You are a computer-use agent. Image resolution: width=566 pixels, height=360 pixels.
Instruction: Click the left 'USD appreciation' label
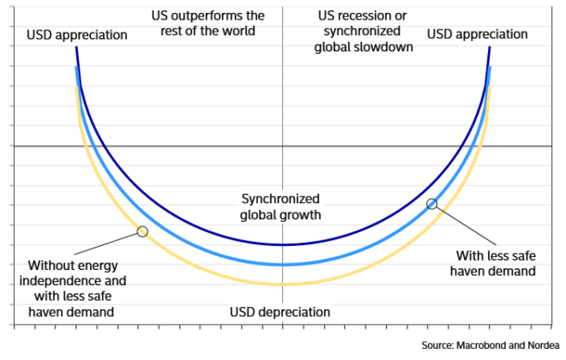pos(77,35)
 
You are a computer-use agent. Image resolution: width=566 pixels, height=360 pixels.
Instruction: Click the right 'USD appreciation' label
pos(478,34)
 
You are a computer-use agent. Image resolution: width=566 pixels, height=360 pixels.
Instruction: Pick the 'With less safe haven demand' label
pos(496,262)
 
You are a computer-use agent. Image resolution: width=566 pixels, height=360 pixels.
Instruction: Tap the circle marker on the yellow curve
pos(142,231)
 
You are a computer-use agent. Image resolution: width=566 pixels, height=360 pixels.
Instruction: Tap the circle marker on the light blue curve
pos(432,204)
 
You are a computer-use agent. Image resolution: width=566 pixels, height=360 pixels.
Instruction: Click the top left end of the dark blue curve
pos(76,48)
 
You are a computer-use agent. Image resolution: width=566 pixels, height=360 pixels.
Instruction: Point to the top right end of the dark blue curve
pos(490,48)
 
